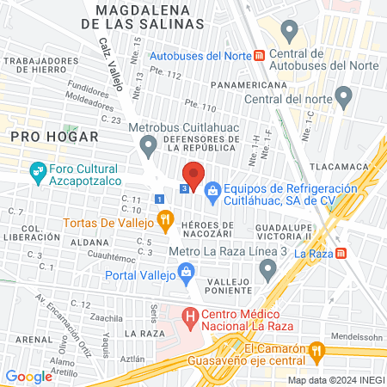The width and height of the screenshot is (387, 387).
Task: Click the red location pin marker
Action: click(x=193, y=175)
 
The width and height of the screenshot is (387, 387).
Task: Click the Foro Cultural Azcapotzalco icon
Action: click(x=38, y=170)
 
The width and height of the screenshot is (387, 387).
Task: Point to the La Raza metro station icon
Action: click(x=342, y=254)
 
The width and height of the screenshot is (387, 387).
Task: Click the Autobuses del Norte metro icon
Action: click(x=259, y=57)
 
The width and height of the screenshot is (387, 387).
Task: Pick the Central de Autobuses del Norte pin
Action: click(x=289, y=33)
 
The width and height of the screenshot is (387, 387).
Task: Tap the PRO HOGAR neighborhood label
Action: click(x=43, y=136)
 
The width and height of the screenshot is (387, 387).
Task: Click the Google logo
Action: click(x=28, y=376)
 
